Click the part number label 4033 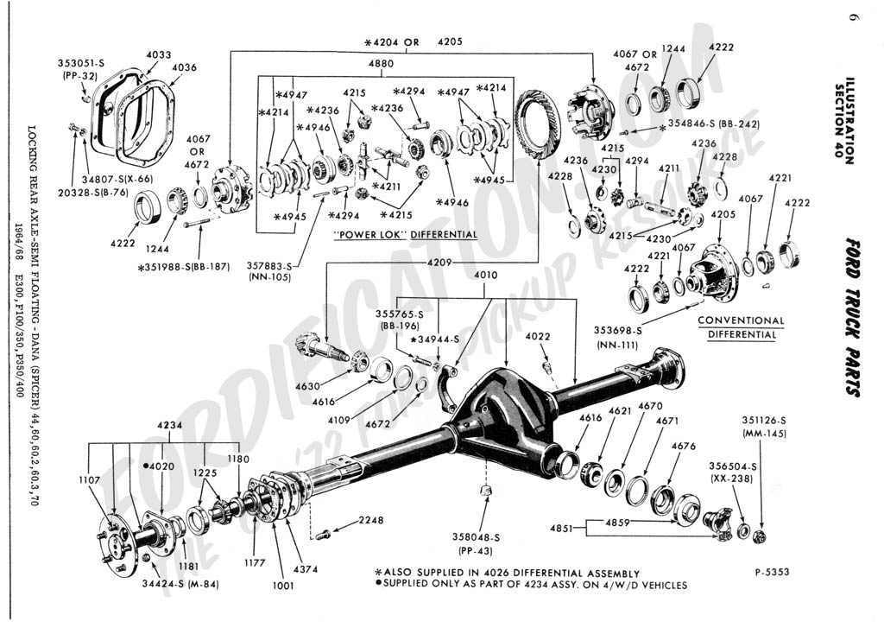point(158,54)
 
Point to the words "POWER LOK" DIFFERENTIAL point(405,234)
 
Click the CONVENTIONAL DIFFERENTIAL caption point(741,327)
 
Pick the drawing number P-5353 point(771,572)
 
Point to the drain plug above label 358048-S point(485,492)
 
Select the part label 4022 point(537,336)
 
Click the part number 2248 point(371,520)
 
